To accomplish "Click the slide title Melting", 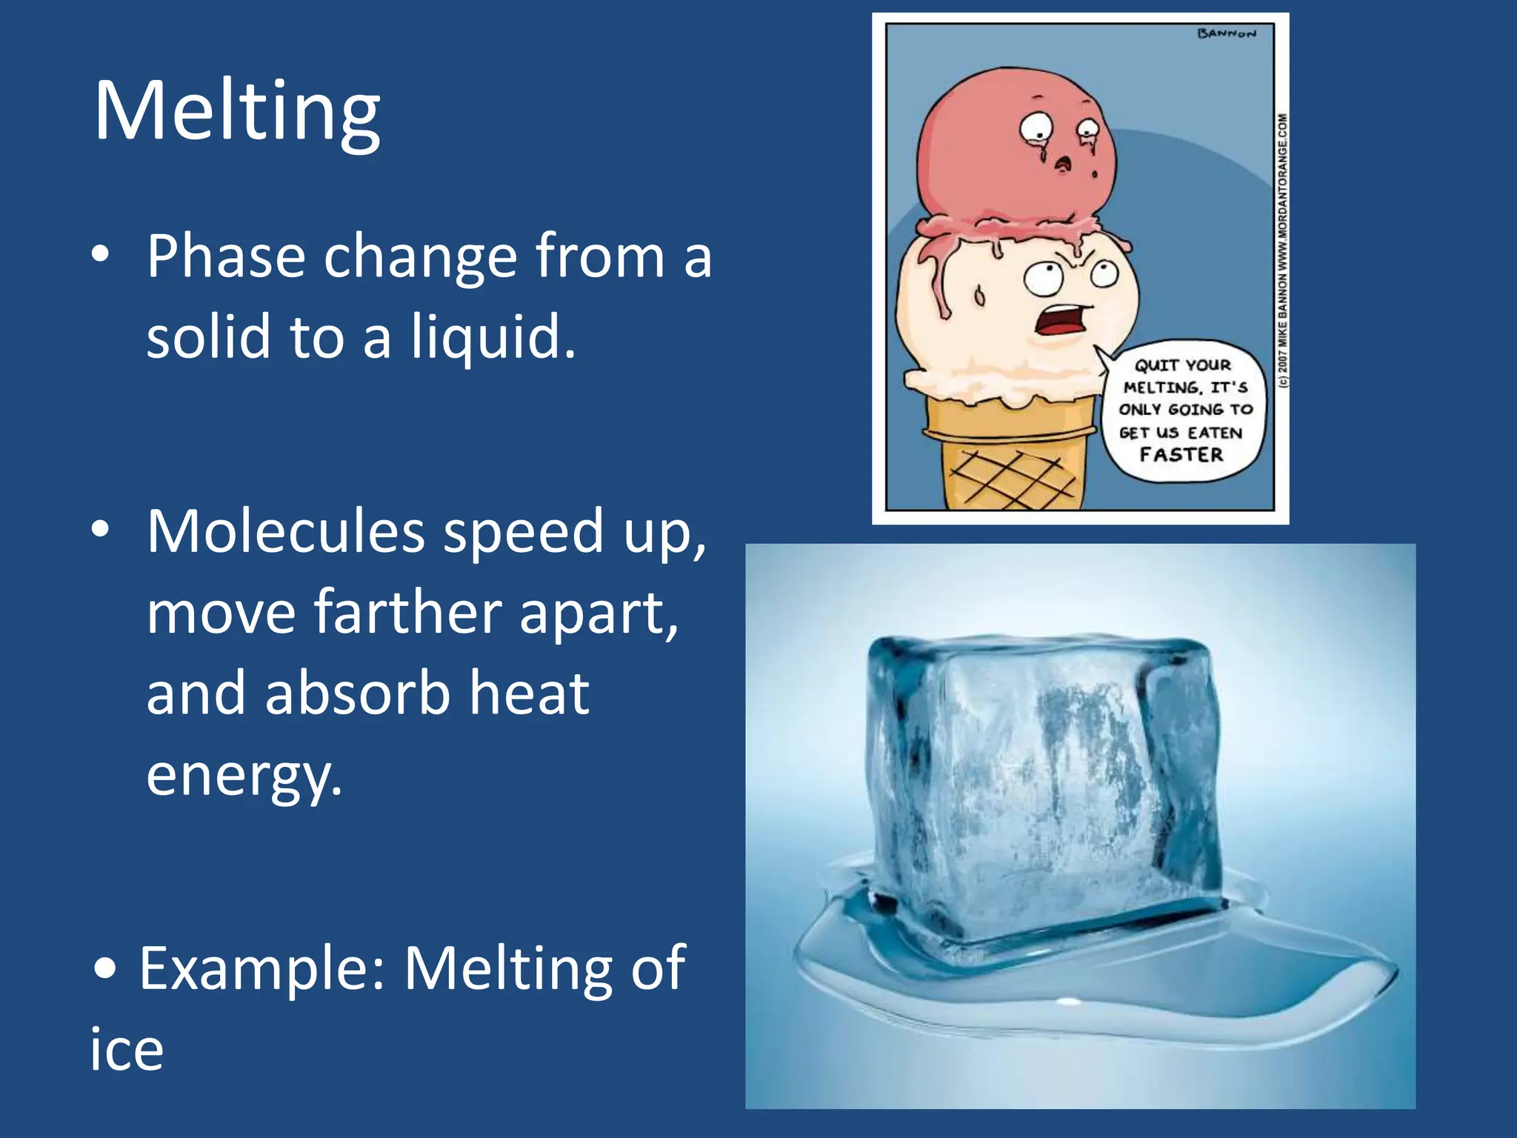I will coord(237,111).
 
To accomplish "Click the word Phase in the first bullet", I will coord(225,256).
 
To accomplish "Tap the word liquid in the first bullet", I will coord(492,337).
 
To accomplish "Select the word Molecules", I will coord(285,531).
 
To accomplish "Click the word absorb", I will coord(357,693).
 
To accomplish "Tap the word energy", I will coord(244,775).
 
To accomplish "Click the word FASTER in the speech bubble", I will coord(1181,454).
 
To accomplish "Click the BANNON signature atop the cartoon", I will coord(1227,33).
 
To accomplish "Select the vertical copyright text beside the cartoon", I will coord(1283,252).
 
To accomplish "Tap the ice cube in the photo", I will coord(1044,785).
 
